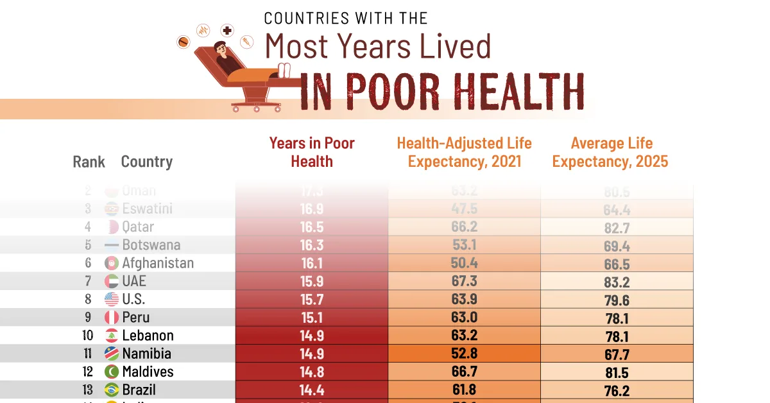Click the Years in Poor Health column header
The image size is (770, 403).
pyautogui.click(x=312, y=152)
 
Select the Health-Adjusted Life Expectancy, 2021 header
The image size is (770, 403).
pyautogui.click(x=464, y=152)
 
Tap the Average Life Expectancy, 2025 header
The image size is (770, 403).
pyautogui.click(x=610, y=152)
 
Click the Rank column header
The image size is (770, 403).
pyautogui.click(x=89, y=162)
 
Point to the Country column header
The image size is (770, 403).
pyautogui.click(x=147, y=162)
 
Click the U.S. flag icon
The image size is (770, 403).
pyautogui.click(x=112, y=299)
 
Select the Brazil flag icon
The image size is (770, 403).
pyautogui.click(x=112, y=390)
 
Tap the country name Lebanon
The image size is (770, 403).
pyautogui.click(x=148, y=336)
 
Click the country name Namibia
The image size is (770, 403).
pyautogui.click(x=147, y=354)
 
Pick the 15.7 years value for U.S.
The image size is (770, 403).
pyautogui.click(x=312, y=299)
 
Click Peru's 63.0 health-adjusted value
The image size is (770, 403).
pyautogui.click(x=465, y=317)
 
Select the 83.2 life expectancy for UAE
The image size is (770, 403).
pyautogui.click(x=616, y=281)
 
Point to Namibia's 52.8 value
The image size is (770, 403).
pyautogui.click(x=465, y=354)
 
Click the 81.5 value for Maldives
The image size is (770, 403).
pyautogui.click(x=616, y=372)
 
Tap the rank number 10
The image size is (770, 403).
pyautogui.click(x=88, y=336)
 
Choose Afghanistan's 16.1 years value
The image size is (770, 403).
pyautogui.click(x=312, y=263)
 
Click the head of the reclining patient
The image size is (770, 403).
pyautogui.click(x=221, y=48)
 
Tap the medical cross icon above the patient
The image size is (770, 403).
pyautogui.click(x=227, y=30)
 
